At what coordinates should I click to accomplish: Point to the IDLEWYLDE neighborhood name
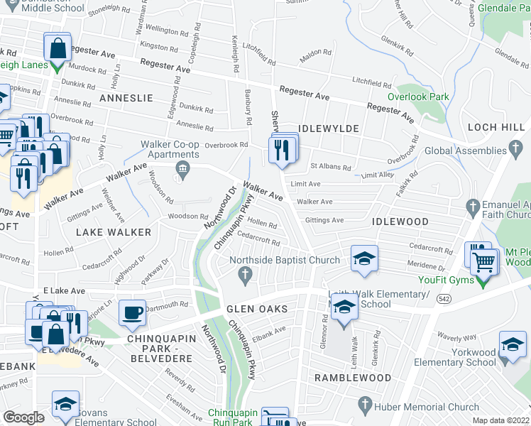pos(329,129)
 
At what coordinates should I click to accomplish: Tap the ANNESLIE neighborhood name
pos(126,98)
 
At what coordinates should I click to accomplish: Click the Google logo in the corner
pos(23,417)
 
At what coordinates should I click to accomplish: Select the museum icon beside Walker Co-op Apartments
pos(182,168)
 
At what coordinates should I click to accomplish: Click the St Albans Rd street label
pos(331,168)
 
